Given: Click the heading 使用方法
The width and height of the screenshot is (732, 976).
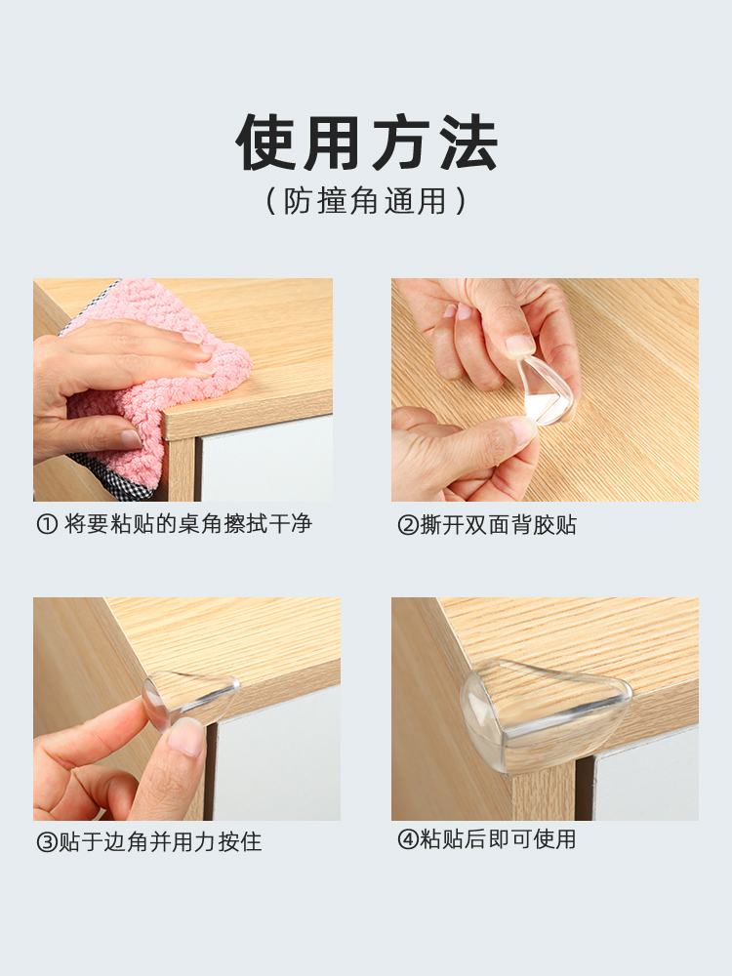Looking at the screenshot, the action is tap(367, 142).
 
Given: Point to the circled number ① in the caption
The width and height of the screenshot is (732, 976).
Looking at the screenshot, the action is tap(47, 525).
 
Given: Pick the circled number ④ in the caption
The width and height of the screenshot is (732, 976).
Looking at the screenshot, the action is tap(408, 840).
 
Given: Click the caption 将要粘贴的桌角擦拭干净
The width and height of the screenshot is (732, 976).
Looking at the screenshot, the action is tap(188, 524).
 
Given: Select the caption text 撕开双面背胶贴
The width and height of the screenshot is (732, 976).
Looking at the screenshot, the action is tap(499, 525).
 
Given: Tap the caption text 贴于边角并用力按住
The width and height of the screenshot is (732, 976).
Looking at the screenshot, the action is tap(160, 842).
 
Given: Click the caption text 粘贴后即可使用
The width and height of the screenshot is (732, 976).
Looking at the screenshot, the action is tap(498, 839).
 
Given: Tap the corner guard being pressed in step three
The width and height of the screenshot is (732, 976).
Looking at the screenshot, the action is tap(190, 697).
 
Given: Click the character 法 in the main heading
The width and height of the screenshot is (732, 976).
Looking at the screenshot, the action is tap(468, 142).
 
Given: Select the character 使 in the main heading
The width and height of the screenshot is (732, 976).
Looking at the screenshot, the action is tap(265, 142).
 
